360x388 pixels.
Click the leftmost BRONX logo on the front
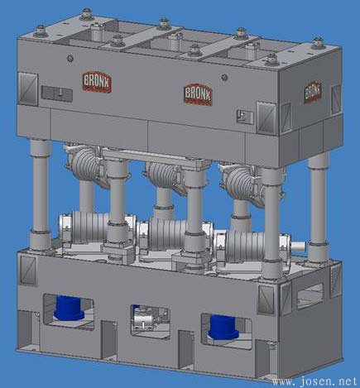point(97,82)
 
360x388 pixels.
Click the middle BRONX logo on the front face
point(198,93)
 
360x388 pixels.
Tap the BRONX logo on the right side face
point(313,92)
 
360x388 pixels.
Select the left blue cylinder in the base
point(68,308)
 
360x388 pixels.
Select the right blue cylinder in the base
point(223,328)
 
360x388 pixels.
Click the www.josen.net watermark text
point(315,381)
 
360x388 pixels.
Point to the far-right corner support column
point(319,207)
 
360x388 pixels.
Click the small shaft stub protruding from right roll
point(298,246)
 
